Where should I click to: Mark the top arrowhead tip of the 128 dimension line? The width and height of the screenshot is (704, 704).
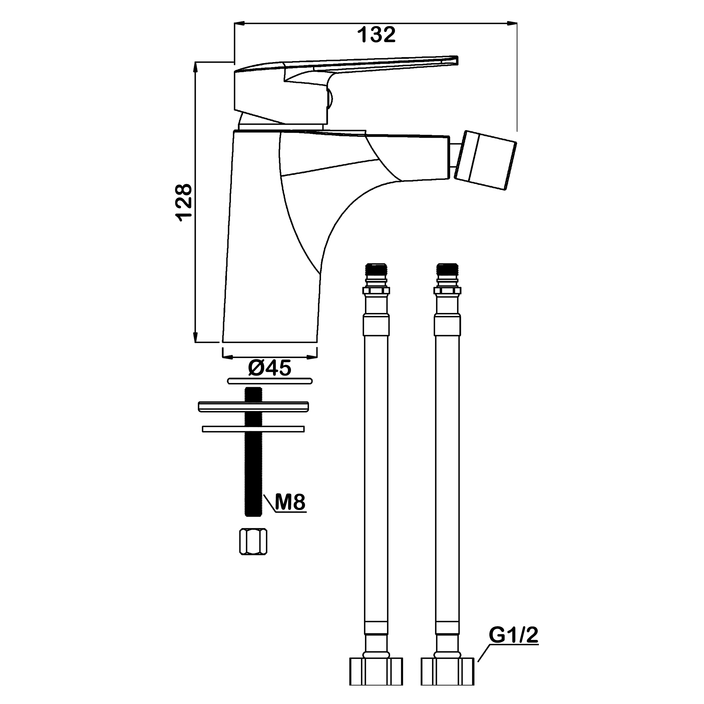coord(195,62)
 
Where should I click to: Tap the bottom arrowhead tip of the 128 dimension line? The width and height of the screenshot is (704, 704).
coord(195,342)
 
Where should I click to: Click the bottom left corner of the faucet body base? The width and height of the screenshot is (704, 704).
coord(222,342)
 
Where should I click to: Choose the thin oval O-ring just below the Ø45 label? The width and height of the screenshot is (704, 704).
coord(270,381)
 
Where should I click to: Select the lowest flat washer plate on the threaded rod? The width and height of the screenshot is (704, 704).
coord(253,429)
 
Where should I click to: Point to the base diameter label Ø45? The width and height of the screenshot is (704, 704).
coord(270,368)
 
